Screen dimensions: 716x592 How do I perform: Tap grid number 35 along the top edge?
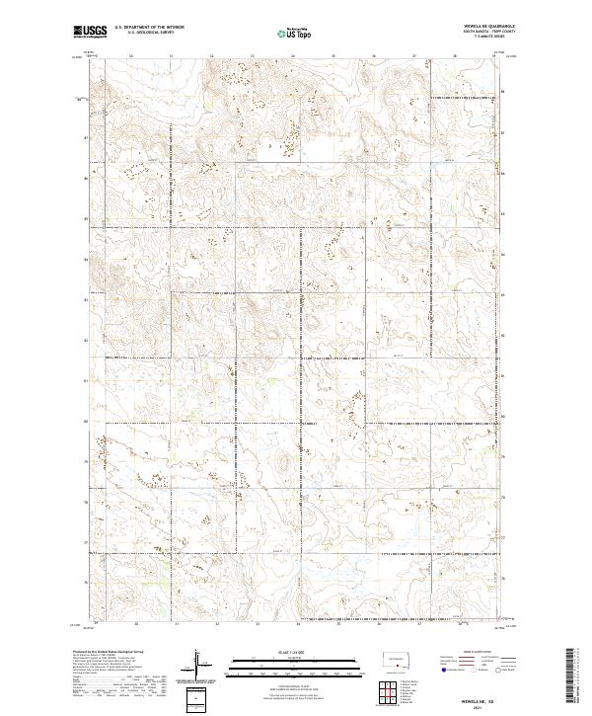333,56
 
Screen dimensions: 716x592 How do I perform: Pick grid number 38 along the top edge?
455,56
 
